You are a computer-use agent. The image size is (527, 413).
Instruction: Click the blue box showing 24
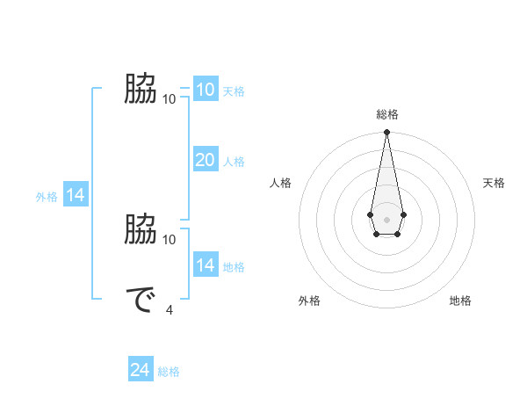(x=141, y=370)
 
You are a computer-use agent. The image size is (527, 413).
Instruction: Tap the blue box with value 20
(x=205, y=160)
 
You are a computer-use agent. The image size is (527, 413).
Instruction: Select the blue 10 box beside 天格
(x=205, y=90)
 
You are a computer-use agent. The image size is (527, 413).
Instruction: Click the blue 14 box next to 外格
(x=76, y=196)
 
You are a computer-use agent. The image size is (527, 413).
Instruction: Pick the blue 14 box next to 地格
(x=205, y=265)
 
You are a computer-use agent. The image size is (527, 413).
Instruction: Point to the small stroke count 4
(x=170, y=308)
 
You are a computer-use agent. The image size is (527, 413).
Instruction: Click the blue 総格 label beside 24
(x=169, y=372)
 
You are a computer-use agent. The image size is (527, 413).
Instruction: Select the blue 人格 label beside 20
(x=234, y=162)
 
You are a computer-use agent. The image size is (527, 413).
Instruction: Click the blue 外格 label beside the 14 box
(x=47, y=198)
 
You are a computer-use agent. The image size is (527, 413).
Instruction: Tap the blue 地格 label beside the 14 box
(x=234, y=267)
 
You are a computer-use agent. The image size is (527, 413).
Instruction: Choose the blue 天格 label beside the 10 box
(x=234, y=91)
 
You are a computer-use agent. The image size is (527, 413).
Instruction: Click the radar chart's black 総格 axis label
(x=386, y=114)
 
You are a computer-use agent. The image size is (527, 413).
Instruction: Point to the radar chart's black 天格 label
(x=494, y=183)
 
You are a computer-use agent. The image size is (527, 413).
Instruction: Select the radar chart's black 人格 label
(x=281, y=183)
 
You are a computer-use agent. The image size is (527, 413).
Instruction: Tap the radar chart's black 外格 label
(x=309, y=301)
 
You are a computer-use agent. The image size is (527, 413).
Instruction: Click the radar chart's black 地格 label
(x=460, y=301)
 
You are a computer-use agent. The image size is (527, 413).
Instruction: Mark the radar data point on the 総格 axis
(x=386, y=133)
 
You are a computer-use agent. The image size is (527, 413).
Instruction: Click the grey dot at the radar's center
(x=386, y=218)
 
